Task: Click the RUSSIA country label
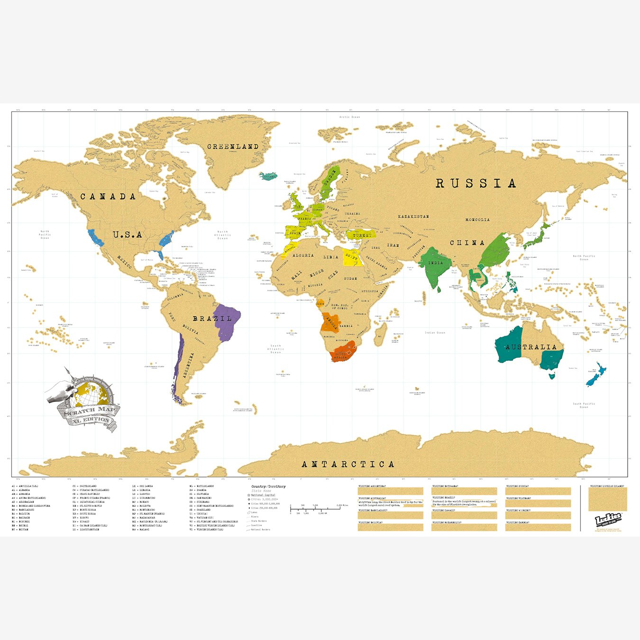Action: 475,183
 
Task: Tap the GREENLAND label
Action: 233,147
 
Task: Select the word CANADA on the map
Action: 108,197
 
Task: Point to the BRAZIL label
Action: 212,319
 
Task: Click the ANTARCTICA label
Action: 348,464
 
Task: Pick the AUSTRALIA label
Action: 530,347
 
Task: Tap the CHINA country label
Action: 467,243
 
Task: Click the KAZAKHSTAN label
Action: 413,217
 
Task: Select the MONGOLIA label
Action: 477,219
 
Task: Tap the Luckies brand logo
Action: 608,519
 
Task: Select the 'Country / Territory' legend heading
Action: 268,486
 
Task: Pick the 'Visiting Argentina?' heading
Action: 372,486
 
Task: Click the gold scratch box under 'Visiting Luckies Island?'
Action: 607,500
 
